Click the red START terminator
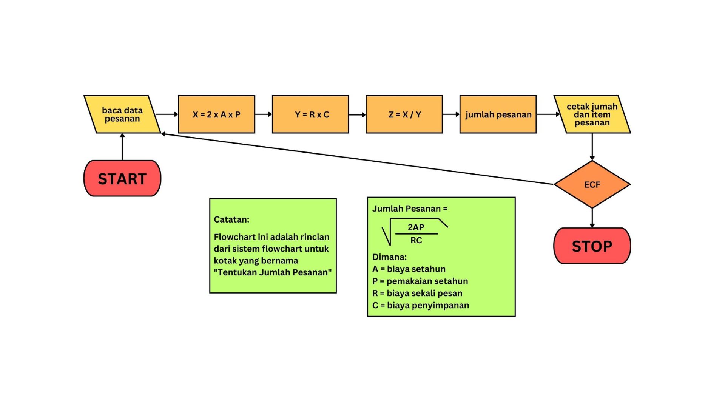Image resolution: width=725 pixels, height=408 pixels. [x=122, y=178]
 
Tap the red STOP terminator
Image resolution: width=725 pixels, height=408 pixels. [x=592, y=246]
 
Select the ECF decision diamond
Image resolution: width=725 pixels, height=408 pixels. [x=592, y=184]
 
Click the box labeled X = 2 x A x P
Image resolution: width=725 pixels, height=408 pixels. [x=216, y=114]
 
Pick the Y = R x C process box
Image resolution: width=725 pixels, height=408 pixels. [x=310, y=114]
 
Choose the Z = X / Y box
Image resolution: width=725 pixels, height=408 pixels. [x=404, y=114]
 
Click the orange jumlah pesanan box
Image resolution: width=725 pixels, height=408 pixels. [x=498, y=114]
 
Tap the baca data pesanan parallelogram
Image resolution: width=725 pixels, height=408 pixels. [x=122, y=114]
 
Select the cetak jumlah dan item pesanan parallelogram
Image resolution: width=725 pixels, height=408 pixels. [x=592, y=114]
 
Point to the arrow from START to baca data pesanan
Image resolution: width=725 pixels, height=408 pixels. [x=122, y=147]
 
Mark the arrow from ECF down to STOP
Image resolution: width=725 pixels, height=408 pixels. [x=592, y=218]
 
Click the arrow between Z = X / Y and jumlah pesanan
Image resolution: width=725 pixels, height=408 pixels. [x=451, y=114]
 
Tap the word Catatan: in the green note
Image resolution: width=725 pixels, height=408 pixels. [x=231, y=219]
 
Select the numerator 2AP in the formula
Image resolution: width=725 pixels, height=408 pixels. [x=416, y=227]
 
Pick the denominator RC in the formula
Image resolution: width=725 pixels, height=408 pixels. [x=416, y=240]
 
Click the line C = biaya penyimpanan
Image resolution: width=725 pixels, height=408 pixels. [x=420, y=305]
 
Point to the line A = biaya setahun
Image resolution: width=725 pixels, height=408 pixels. [x=409, y=269]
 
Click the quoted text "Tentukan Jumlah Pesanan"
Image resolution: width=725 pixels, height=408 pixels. [x=272, y=272]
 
